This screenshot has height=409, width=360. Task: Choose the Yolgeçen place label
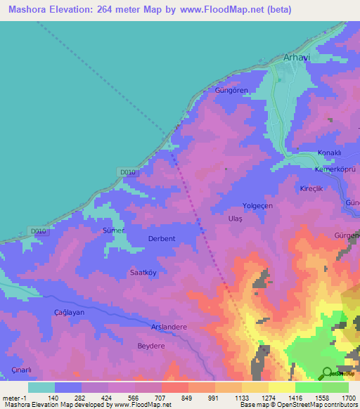pyautogui.click(x=258, y=206)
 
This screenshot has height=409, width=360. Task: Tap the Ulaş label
pyautogui.click(x=235, y=219)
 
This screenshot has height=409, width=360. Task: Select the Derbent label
pyautogui.click(x=162, y=239)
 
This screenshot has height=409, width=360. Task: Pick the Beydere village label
pyautogui.click(x=150, y=346)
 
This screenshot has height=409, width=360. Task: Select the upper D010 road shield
pyautogui.click(x=127, y=172)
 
